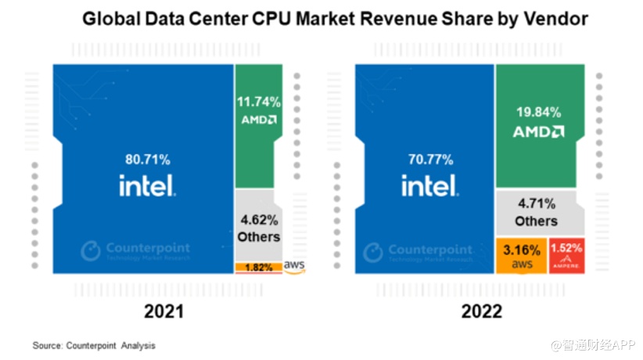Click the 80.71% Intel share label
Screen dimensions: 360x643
pyautogui.click(x=147, y=160)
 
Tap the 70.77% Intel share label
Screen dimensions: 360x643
pyautogui.click(x=429, y=160)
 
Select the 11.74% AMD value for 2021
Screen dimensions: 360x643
pyautogui.click(x=257, y=102)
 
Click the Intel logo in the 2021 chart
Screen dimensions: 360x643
pyautogui.click(x=147, y=185)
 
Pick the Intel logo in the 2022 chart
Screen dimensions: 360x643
pyautogui.click(x=429, y=185)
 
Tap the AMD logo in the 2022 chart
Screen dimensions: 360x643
pyautogui.click(x=538, y=131)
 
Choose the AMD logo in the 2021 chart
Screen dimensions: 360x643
pyautogui.click(x=257, y=120)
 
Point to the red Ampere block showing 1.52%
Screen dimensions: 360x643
pyautogui.click(x=566, y=254)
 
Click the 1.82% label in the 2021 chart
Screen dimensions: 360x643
pyautogui.click(x=258, y=268)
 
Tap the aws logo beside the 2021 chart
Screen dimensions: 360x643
pyautogui.click(x=294, y=266)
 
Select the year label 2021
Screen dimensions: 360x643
pyautogui.click(x=163, y=311)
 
